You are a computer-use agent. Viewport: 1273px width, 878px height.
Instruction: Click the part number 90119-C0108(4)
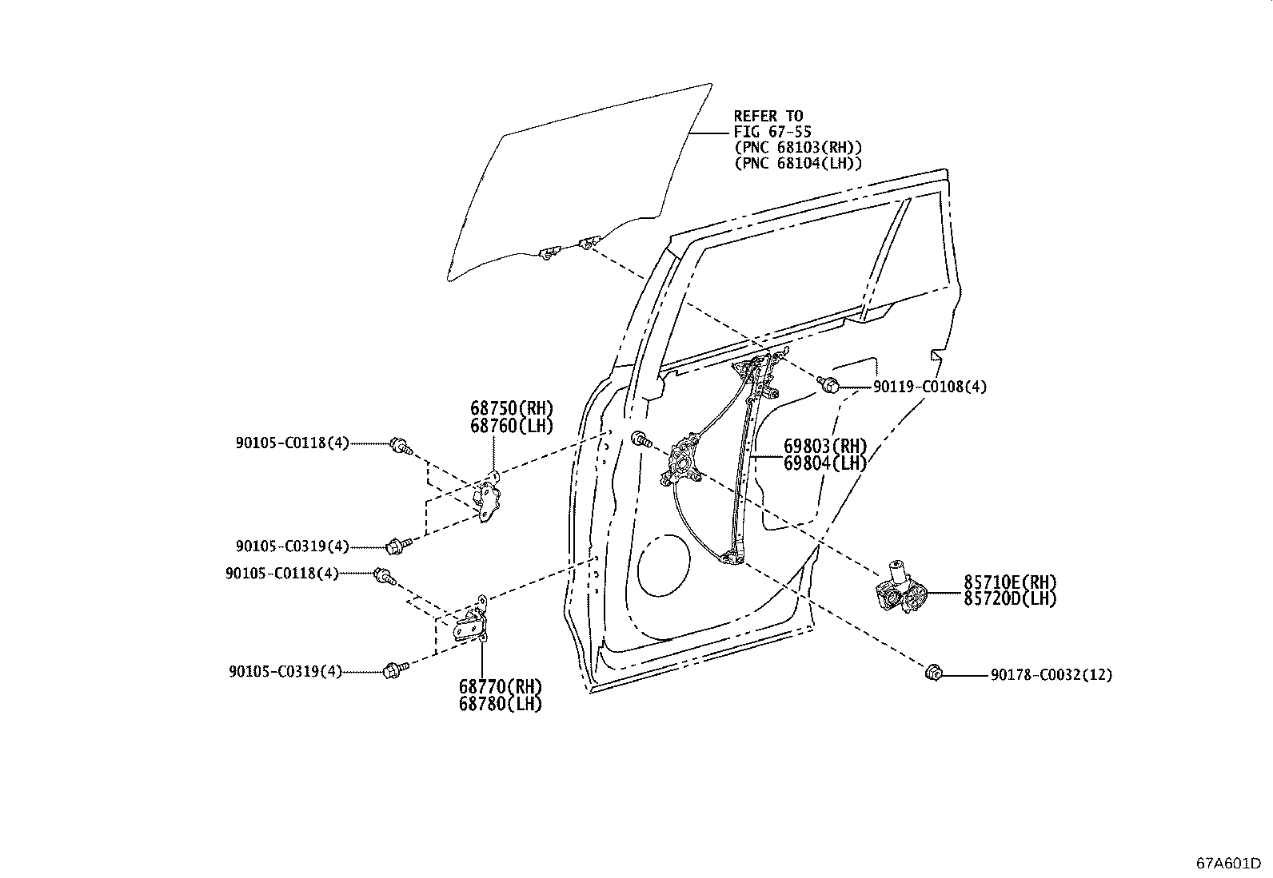(x=930, y=387)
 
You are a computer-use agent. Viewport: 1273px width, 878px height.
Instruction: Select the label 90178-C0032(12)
(x=1052, y=675)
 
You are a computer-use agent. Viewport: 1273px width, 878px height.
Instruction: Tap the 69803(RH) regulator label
(x=826, y=446)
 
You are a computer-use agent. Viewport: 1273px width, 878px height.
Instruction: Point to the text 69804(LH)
(x=826, y=463)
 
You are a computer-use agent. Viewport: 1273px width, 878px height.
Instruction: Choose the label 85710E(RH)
(x=1010, y=582)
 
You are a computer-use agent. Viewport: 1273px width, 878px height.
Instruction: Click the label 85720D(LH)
(x=1010, y=598)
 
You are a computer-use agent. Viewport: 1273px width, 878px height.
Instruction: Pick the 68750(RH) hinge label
(x=512, y=408)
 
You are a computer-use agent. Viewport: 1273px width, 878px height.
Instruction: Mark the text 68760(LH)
(x=512, y=426)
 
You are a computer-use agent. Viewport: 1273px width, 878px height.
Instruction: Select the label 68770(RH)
(x=501, y=686)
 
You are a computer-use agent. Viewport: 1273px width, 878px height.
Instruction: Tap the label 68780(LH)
(x=501, y=704)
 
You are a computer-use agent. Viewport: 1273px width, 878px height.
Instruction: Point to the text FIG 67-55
(x=772, y=132)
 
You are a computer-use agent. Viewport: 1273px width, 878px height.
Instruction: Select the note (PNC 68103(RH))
(x=798, y=148)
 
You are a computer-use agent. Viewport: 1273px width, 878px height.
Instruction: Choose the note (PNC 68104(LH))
(x=798, y=164)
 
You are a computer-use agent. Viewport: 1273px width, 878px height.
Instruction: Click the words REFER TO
(x=768, y=117)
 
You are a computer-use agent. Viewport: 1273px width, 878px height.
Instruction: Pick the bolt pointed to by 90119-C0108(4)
(x=828, y=384)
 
